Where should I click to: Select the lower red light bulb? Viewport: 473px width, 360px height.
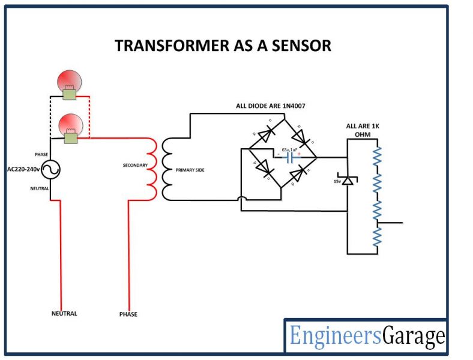click(x=70, y=125)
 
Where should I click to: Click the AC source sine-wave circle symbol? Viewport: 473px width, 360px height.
click(x=50, y=170)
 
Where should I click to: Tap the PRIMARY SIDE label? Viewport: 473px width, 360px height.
click(x=190, y=170)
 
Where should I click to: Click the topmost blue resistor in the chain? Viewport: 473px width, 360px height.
click(x=376, y=156)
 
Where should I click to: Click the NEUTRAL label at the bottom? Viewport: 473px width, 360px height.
click(x=64, y=313)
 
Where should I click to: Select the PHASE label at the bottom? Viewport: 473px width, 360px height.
click(x=128, y=314)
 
